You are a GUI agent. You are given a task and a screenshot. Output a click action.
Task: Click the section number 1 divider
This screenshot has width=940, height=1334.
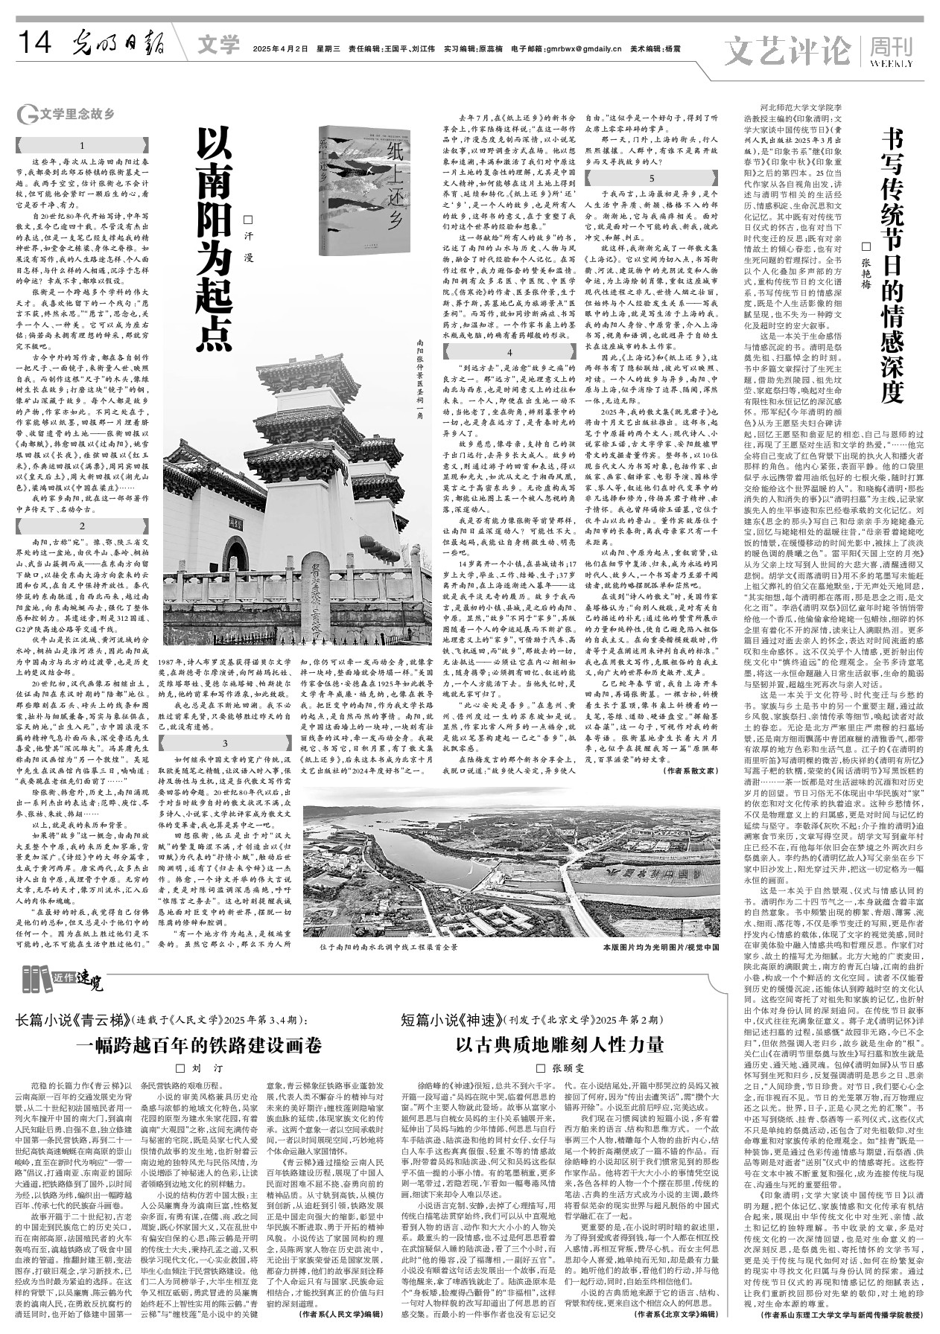click(82, 146)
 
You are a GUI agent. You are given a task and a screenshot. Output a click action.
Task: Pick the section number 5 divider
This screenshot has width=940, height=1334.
click(652, 178)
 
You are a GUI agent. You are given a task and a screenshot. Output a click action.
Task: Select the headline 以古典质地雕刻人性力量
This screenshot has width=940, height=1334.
click(559, 1045)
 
